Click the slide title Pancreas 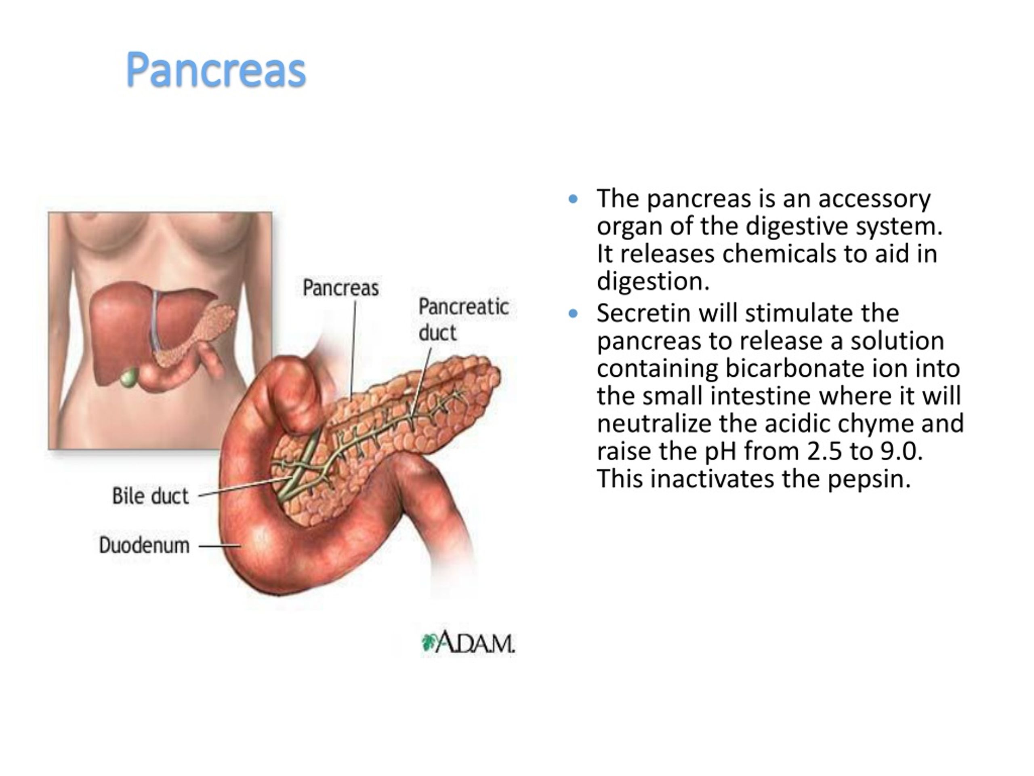[x=216, y=70]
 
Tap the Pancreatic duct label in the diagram [x=463, y=319]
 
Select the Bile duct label [x=151, y=496]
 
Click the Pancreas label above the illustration [x=341, y=288]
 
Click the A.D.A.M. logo [x=468, y=642]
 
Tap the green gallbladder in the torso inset [x=130, y=377]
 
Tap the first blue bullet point [x=573, y=199]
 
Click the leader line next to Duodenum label [x=220, y=545]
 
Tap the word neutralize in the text [x=654, y=424]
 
